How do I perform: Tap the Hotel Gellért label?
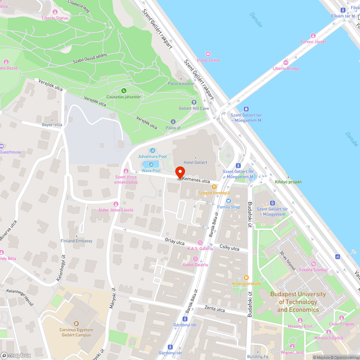195,162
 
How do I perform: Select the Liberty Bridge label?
286,68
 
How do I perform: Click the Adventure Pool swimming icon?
152,150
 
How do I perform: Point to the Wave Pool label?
151,171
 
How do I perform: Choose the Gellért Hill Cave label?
194,108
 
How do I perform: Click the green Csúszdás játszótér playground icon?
124,90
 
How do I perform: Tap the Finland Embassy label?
76,241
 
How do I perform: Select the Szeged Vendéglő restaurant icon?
214,187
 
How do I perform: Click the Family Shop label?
229,207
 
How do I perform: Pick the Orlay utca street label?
175,242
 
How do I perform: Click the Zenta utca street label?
215,309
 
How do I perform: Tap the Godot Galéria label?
195,265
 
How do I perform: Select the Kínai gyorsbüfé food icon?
246,278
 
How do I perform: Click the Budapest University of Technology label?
298,302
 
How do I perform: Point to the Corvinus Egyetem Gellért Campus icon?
76,324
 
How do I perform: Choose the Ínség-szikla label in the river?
208,60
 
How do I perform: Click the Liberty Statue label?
55,18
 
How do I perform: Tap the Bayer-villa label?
52,125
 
